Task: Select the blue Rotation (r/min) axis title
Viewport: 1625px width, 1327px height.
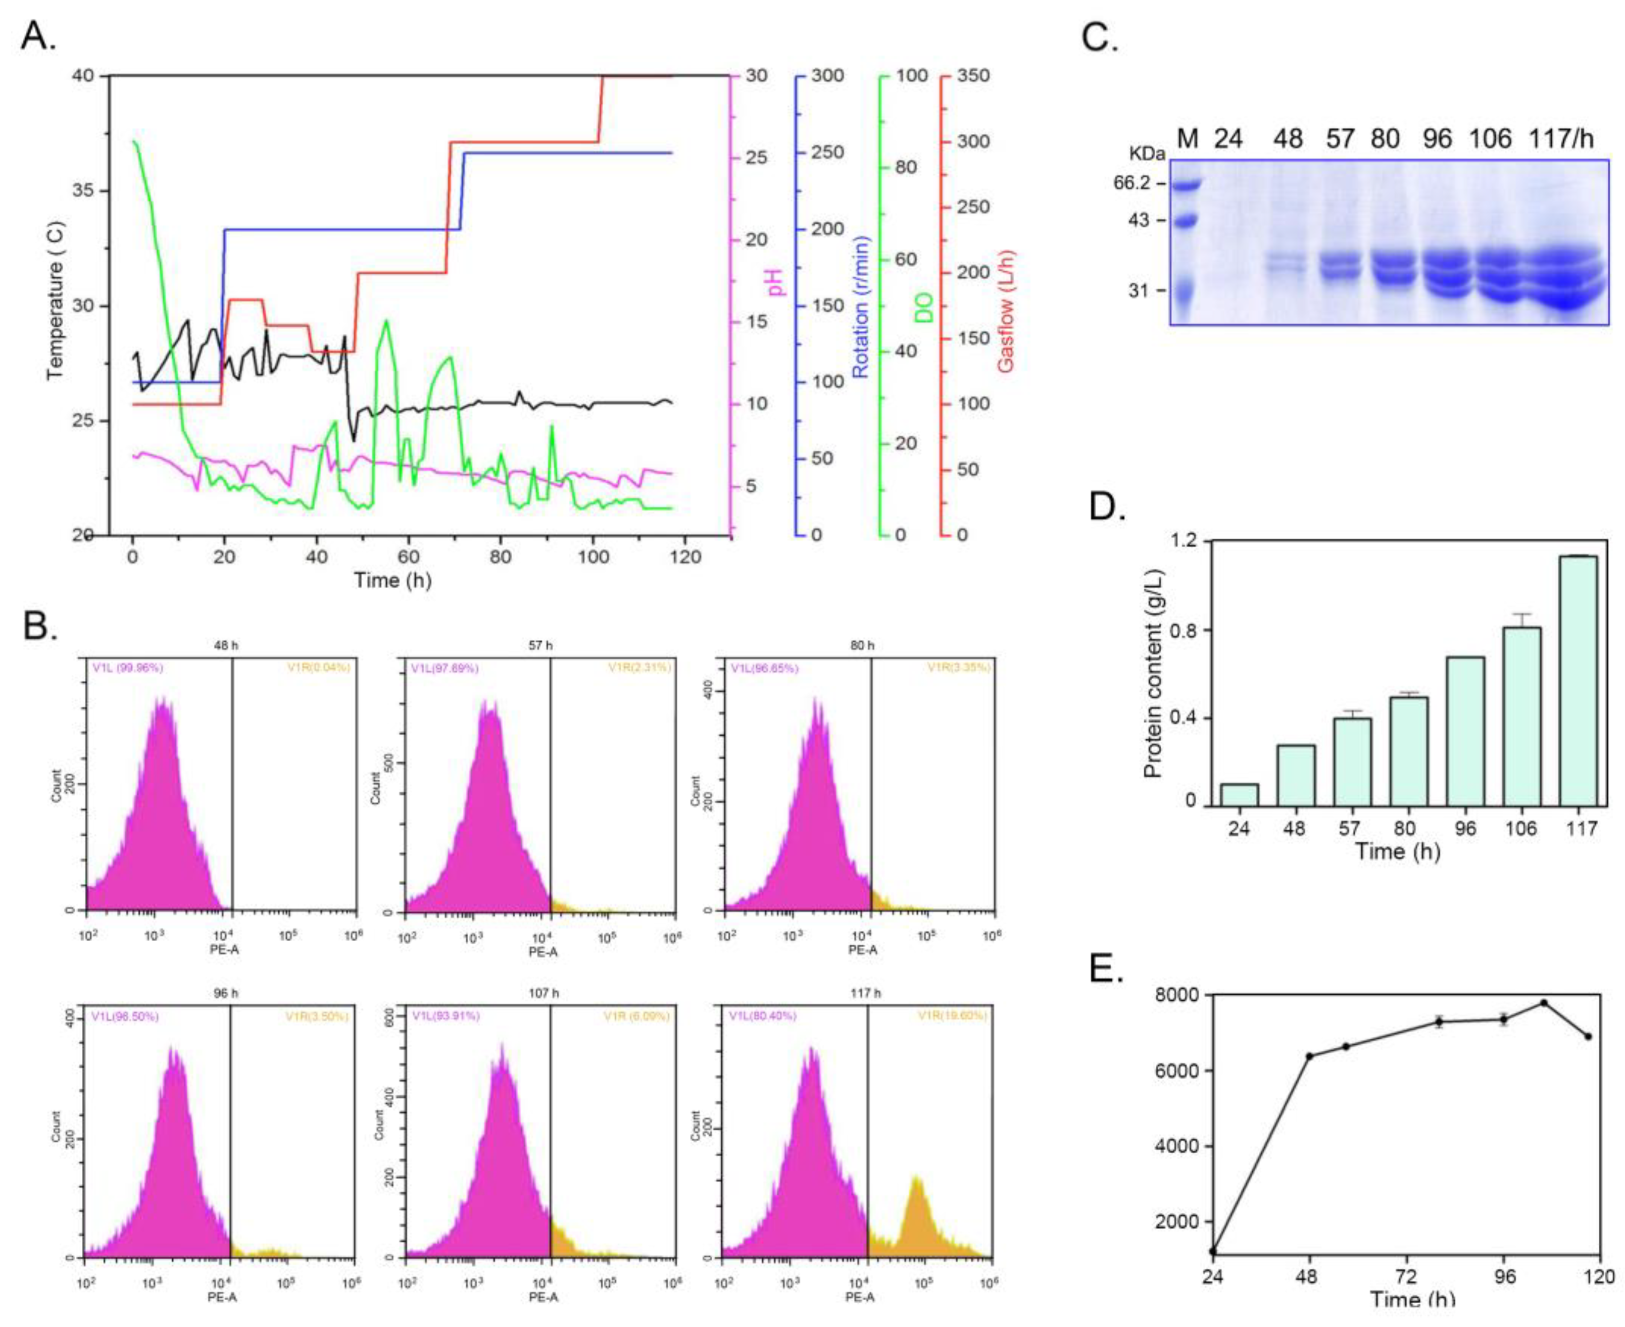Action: pyautogui.click(x=861, y=307)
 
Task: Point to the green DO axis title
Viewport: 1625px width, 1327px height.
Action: pyautogui.click(x=924, y=307)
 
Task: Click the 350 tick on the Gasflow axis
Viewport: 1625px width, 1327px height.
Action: pyautogui.click(x=973, y=76)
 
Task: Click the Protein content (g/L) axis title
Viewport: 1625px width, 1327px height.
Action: pyautogui.click(x=1152, y=673)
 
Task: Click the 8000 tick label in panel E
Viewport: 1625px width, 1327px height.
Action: pyautogui.click(x=1177, y=995)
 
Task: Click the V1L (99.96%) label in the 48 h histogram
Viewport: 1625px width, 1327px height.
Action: pyautogui.click(x=127, y=668)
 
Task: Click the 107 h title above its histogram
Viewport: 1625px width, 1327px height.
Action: pyautogui.click(x=544, y=993)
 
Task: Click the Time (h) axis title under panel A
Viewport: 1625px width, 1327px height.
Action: pyautogui.click(x=392, y=580)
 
